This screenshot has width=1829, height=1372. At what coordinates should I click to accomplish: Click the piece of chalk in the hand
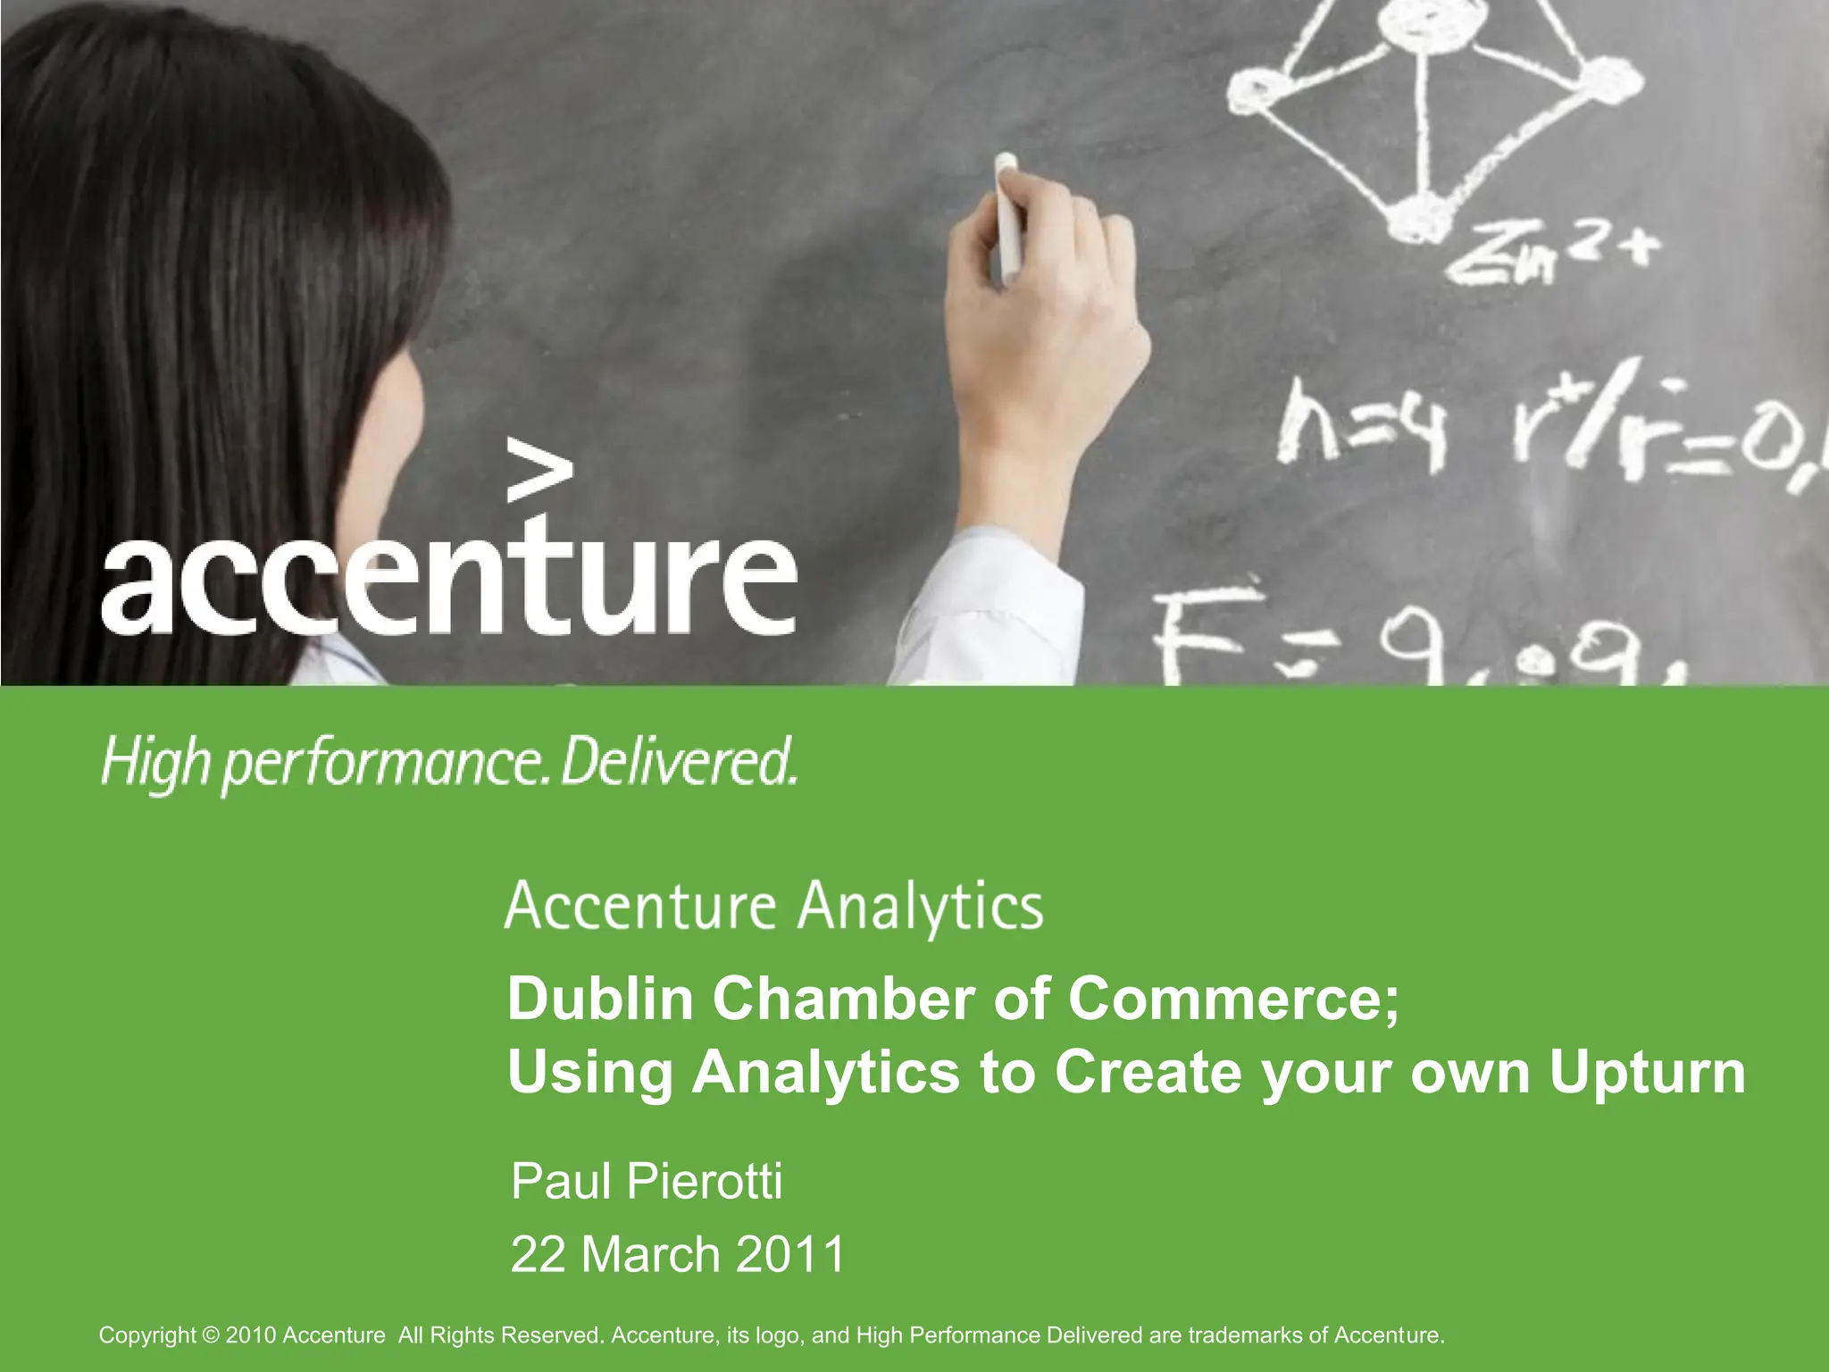click(x=1007, y=214)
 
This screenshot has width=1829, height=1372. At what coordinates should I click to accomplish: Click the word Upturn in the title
click(x=1647, y=1071)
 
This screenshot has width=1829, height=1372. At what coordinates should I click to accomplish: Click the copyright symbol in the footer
click(x=211, y=1335)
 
